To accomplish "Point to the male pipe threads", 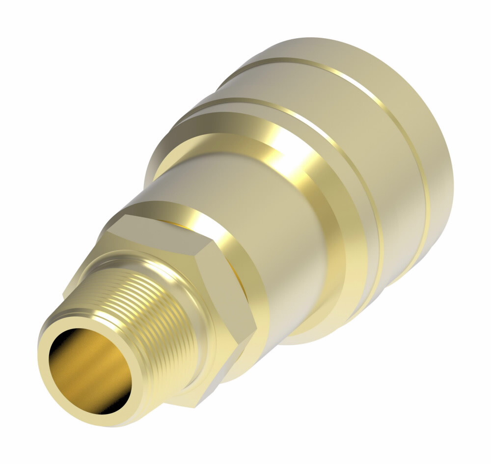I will (147, 304).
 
